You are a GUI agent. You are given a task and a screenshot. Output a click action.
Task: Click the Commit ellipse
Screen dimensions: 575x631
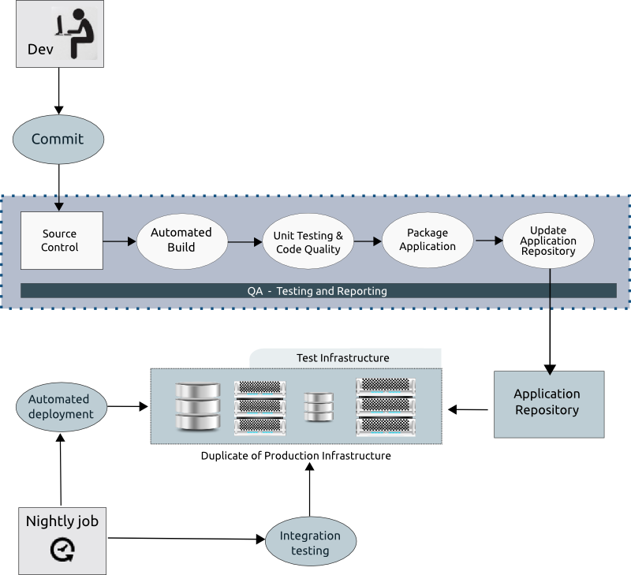click(58, 140)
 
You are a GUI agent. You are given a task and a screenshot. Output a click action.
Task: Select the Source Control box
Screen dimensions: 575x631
click(61, 241)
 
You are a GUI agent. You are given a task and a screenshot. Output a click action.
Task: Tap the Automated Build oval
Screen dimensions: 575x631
click(181, 239)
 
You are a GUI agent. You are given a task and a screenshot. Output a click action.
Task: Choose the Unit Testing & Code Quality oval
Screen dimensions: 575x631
click(308, 242)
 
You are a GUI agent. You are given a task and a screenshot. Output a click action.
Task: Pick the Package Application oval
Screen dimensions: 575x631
click(428, 240)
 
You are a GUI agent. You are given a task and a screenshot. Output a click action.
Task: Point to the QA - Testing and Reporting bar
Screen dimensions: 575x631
click(318, 291)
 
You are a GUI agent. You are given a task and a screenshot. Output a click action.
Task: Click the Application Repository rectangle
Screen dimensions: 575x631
click(547, 403)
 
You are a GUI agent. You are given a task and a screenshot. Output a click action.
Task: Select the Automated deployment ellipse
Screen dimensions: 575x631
click(62, 407)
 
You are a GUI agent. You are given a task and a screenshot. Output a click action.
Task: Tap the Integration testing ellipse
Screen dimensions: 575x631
click(310, 543)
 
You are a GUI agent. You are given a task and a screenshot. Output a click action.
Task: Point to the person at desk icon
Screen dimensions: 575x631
click(75, 33)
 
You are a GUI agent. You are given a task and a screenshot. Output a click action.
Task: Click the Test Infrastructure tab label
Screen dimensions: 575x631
click(342, 358)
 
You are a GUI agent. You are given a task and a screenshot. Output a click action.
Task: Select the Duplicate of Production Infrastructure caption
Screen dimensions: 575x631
click(296, 456)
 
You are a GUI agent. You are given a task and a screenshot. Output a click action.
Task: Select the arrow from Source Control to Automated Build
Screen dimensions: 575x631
click(120, 241)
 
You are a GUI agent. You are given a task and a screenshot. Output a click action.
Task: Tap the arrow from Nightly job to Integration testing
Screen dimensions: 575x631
click(186, 539)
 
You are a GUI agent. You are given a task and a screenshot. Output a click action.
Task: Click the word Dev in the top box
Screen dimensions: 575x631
click(41, 50)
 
